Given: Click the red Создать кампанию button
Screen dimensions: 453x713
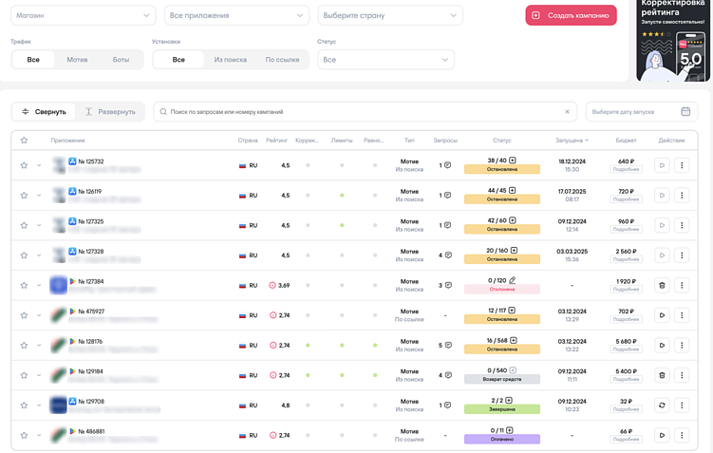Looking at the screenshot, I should [571, 15].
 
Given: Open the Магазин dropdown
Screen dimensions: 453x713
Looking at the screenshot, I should [83, 15].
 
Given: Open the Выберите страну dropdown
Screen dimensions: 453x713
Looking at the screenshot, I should [389, 15].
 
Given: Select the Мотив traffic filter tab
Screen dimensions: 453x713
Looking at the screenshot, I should [77, 60].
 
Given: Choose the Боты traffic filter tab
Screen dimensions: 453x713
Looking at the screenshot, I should [121, 60].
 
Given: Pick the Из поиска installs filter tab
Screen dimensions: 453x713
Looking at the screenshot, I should [230, 60].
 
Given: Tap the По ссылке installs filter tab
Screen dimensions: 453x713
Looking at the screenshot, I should [282, 60].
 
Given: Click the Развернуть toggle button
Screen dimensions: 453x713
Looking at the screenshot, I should [110, 112].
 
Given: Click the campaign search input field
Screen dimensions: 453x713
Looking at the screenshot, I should [366, 112].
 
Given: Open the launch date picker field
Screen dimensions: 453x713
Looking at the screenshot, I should [641, 112].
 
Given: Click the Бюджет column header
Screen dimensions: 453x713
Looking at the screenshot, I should [625, 141].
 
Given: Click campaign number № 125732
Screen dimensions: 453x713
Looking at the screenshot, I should [91, 161].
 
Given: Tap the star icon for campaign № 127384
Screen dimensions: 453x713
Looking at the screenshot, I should [24, 285].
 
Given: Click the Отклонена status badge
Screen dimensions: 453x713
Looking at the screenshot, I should [501, 289].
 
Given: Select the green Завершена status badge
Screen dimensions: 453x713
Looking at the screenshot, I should [501, 409].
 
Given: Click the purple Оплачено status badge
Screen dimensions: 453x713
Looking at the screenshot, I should [501, 440].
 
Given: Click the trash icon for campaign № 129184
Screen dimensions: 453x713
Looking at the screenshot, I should [662, 375].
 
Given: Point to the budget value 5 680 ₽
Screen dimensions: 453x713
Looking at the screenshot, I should [625, 341].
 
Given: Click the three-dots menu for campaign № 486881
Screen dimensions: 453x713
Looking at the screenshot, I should [682, 435].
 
